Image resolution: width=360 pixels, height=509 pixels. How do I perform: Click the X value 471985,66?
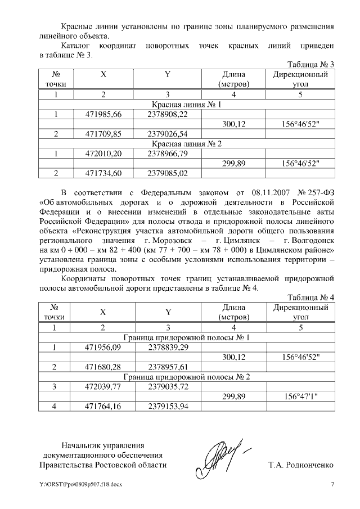coord(103,115)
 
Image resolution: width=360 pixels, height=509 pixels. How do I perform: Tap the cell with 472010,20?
coord(103,154)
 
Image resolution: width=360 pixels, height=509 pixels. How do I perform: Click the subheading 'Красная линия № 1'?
coord(187,105)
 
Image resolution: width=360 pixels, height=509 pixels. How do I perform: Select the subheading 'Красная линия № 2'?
coord(187,144)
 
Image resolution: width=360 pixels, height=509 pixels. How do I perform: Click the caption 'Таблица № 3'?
coord(310,64)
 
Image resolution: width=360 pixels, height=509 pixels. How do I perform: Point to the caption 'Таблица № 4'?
coord(310,297)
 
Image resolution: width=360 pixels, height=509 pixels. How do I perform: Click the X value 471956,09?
coord(103,348)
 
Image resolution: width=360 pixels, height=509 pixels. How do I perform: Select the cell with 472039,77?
coord(103,386)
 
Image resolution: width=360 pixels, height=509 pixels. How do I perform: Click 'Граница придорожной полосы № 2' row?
coord(187,377)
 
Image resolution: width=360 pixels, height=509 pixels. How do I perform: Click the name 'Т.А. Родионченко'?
coord(301,465)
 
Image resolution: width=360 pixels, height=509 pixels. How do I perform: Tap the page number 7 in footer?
coord(332,484)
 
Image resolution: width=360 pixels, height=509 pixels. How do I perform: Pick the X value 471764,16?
coord(103,406)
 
